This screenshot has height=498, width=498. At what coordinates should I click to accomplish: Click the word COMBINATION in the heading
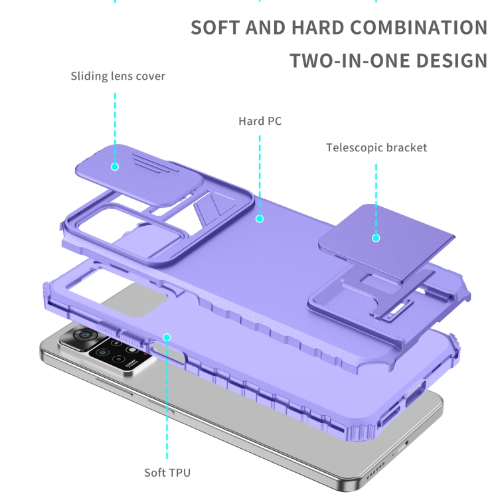tap(419, 28)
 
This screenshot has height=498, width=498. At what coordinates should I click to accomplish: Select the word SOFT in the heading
tap(215, 28)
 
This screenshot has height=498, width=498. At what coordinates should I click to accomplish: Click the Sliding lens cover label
tap(118, 76)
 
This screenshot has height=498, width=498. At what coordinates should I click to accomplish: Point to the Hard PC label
tap(260, 121)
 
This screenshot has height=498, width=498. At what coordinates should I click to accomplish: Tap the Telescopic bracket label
tap(376, 147)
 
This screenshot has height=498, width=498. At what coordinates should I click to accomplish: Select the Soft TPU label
tap(167, 473)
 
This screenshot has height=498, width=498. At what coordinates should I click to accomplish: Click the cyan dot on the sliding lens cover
tap(115, 167)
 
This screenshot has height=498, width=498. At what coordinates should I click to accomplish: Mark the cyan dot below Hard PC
tap(260, 219)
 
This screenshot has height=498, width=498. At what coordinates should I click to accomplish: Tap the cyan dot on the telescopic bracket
tap(376, 238)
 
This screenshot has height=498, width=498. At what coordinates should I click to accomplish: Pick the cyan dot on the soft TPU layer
tap(167, 337)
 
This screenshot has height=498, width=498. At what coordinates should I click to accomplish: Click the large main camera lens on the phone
tap(85, 335)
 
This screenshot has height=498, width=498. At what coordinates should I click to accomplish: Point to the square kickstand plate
tap(387, 241)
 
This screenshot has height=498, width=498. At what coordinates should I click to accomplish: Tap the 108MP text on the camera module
tap(131, 363)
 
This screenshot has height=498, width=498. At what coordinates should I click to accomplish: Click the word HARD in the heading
tap(318, 28)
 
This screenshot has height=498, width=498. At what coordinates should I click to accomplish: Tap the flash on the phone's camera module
tap(132, 350)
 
